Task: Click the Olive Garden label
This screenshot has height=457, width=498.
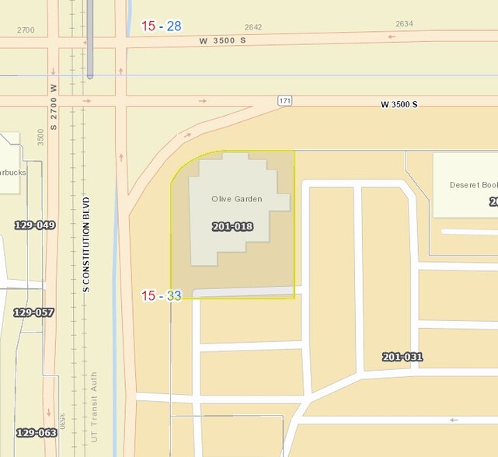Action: point(236,199)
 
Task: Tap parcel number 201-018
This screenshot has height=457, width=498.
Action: point(232,226)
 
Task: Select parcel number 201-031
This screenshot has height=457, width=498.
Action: point(402,357)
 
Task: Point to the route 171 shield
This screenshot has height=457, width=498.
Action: point(285,102)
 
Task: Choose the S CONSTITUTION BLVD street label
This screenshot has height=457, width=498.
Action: point(86,244)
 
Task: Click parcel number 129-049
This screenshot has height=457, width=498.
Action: point(35,225)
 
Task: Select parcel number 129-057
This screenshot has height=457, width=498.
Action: point(33,312)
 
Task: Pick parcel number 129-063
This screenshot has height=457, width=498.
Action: point(37,432)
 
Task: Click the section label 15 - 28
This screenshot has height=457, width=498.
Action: point(162,26)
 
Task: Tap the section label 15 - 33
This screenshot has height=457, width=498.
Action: point(161,295)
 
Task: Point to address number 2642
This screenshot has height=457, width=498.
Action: point(252,27)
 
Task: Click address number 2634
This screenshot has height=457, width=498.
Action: point(404,24)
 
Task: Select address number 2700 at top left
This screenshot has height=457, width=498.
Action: point(26,30)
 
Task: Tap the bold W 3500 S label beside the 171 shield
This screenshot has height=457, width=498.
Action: point(399,104)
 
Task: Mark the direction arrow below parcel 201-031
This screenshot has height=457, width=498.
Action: point(454,420)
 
